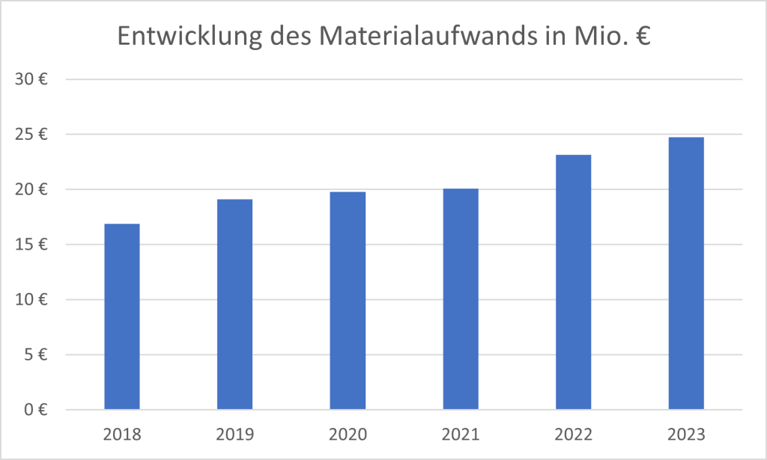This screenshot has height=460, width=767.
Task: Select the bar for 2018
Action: click(121, 316)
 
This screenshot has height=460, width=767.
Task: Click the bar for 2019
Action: click(234, 304)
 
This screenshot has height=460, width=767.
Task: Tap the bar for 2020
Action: click(348, 301)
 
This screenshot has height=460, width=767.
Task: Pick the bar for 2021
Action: click(461, 299)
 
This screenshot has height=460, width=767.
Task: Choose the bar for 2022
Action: click(573, 282)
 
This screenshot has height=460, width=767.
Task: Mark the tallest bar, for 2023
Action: click(686, 273)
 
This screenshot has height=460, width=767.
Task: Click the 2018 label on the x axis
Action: click(121, 434)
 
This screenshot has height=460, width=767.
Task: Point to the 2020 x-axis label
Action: click(348, 434)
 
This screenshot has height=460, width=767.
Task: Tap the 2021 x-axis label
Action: click(461, 434)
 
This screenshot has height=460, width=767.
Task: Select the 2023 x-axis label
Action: click(686, 434)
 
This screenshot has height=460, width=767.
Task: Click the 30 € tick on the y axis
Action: click(32, 79)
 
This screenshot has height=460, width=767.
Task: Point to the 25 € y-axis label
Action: click(32, 135)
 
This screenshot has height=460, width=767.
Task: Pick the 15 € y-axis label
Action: click(32, 245)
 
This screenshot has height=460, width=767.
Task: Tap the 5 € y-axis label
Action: click(36, 355)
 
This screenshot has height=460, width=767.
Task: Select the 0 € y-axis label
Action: click(36, 410)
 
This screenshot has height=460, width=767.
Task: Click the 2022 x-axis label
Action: click(573, 434)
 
